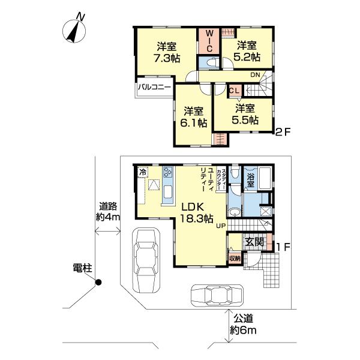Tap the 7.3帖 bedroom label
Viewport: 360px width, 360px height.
[166, 52]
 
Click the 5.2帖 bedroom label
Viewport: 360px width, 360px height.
[247, 51]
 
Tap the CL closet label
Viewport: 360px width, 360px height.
[235, 89]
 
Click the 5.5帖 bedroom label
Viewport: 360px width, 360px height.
[246, 114]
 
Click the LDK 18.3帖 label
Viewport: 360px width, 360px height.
[195, 211]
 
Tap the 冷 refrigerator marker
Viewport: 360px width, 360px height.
[142, 172]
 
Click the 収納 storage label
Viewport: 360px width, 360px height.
[235, 258]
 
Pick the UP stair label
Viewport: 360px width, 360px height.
[221, 226]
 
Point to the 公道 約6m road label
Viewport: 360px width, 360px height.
[245, 325]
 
